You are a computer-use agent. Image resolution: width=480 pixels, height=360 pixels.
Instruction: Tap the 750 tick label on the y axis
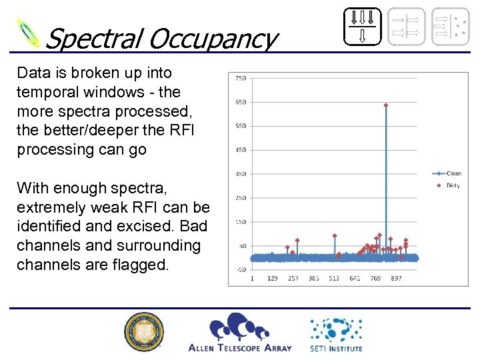(240, 78)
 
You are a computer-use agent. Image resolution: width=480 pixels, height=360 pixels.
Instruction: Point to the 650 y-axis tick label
(240, 102)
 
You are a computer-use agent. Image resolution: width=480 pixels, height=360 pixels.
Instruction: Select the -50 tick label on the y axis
(240, 269)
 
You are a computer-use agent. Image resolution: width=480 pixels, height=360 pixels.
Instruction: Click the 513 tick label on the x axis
(334, 279)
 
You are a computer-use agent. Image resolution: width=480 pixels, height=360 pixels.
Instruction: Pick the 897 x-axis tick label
(396, 279)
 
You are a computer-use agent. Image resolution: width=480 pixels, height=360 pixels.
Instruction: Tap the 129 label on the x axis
(273, 279)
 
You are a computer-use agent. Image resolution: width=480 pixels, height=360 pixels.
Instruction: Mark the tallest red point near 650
(386, 105)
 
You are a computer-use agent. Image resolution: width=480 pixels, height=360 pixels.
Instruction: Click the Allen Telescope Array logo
(240, 332)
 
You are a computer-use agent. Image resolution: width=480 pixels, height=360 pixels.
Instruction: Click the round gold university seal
(144, 331)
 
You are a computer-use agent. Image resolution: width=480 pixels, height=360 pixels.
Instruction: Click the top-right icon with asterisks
(450, 26)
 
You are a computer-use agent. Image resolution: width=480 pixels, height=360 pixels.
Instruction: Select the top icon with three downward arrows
(363, 26)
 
